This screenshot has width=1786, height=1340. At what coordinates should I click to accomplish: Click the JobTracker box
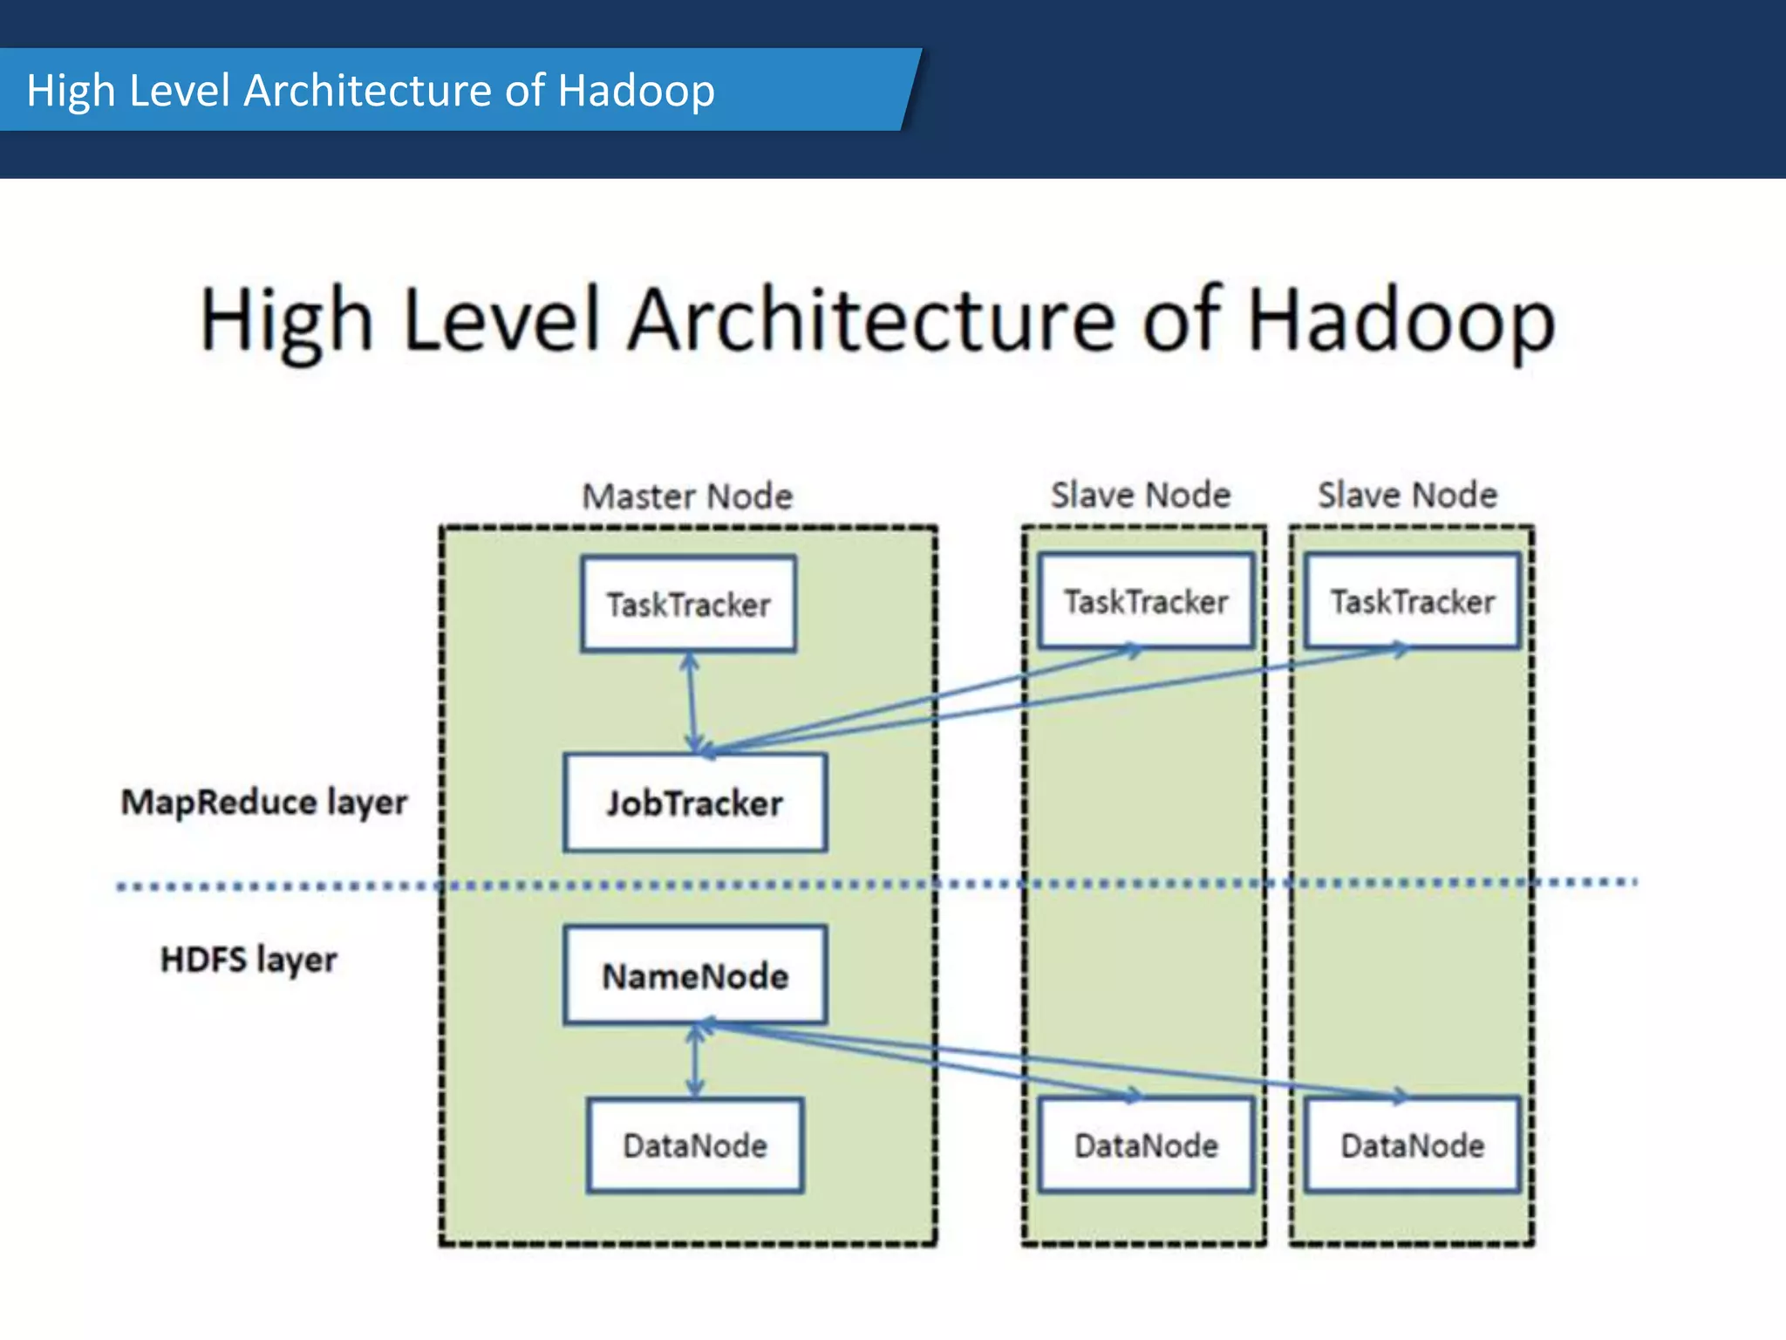coord(695,803)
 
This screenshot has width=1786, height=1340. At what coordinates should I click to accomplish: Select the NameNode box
coord(695,975)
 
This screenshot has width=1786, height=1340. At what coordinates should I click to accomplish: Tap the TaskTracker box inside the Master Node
coord(688,605)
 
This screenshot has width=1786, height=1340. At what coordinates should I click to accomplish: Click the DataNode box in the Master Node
coord(695,1145)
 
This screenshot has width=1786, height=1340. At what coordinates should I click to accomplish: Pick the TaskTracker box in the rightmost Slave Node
coord(1412,601)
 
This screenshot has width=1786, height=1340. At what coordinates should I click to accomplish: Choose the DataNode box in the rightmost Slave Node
coord(1412,1145)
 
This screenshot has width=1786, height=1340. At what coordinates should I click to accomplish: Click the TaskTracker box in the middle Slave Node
coord(1145,601)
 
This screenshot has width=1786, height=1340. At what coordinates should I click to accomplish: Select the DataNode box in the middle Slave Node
coord(1145,1145)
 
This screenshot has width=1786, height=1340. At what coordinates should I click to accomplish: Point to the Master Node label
coord(687,496)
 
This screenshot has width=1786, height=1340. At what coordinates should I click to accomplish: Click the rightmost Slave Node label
coord(1407,495)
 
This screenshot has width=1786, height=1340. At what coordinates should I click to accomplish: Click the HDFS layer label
coord(249,960)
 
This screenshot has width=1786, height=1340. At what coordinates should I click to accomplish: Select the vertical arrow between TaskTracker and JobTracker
coord(692,702)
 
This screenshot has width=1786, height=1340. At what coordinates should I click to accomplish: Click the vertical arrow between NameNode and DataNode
coord(695,1061)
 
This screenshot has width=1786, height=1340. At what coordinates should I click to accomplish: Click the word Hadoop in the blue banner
coord(636,91)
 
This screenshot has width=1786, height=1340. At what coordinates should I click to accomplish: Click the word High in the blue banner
coord(71,91)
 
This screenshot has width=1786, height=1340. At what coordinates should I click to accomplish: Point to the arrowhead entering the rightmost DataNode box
coord(1398,1096)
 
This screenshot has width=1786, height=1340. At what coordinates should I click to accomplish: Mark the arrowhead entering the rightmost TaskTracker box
coord(1398,650)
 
